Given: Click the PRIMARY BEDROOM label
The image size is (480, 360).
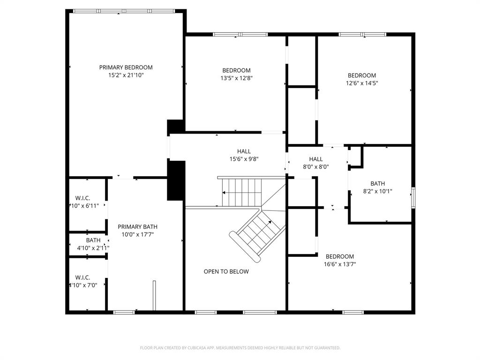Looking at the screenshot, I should pos(126,67).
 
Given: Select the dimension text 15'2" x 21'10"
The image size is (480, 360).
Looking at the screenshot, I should pos(126,75).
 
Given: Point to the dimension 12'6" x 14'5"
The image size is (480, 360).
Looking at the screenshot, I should pos(362,83).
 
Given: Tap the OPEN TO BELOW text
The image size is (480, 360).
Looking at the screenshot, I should pos(226,271).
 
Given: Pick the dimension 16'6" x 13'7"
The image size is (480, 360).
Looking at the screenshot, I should pos(340,264).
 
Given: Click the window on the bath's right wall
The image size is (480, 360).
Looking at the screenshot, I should pos(413,197).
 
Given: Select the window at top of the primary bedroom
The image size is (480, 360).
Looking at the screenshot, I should pos(124,11).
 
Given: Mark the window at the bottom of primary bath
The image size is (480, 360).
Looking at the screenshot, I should pos(124,312).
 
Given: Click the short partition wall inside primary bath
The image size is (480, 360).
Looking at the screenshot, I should pos(154,295).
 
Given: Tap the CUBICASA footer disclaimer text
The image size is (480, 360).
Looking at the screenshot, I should pos(240,348).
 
